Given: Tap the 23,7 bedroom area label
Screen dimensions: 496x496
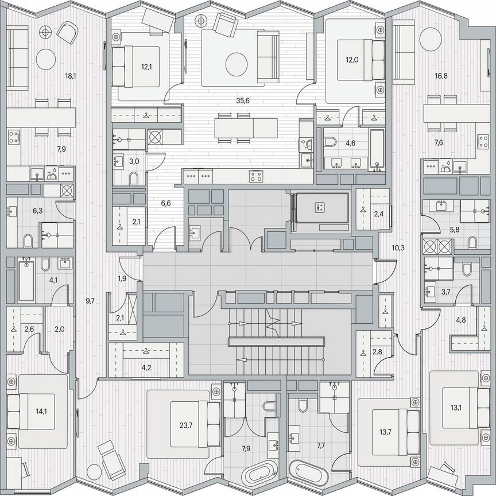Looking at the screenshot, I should click(185, 425).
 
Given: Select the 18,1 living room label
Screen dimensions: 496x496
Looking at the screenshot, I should click(55, 75).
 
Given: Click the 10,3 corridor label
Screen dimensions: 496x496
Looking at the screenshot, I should click(398, 248).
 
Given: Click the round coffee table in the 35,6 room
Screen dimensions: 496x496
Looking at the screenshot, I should click(236, 64).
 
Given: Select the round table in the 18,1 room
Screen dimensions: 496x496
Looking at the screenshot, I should click(46, 58).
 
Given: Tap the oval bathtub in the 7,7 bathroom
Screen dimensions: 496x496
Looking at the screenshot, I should click(308, 473).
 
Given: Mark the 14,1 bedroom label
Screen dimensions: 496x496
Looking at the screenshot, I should click(42, 411).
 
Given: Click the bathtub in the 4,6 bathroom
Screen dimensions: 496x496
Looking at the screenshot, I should click(376, 149).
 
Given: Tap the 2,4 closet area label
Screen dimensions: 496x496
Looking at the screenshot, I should click(378, 214).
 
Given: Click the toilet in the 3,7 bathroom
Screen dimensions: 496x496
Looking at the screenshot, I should click(466, 269).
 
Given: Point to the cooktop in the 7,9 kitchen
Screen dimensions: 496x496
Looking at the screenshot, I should click(14, 136).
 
